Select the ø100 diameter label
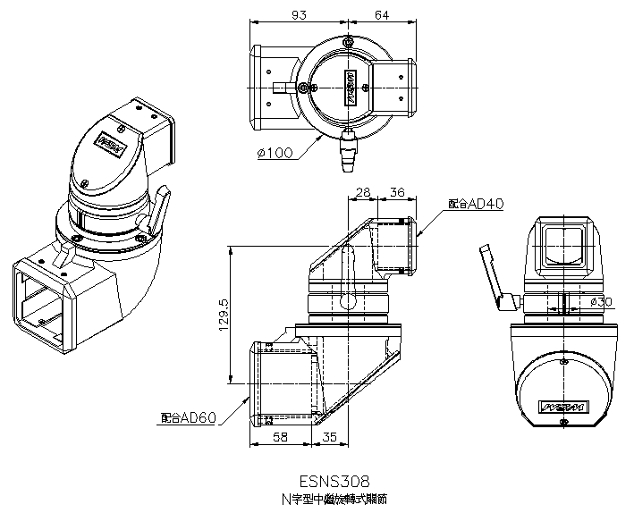275,153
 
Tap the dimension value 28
364,192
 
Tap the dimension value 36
397,192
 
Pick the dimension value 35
328,437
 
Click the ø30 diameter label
600,302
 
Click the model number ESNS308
335,480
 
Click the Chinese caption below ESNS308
335,497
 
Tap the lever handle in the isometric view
158,212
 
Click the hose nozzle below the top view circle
346,160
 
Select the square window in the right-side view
562,244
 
